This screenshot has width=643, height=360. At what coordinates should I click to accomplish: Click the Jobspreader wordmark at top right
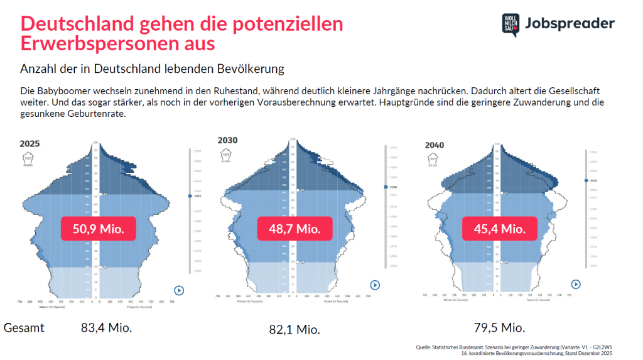coord(569,24)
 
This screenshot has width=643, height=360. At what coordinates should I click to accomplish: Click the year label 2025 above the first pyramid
coord(30,144)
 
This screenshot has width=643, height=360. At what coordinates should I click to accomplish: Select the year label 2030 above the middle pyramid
coord(227,140)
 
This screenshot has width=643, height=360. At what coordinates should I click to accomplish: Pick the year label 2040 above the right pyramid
coord(435,145)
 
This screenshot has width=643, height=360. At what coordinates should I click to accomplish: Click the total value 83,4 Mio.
coord(106,327)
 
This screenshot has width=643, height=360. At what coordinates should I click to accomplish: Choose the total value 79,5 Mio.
coord(500,327)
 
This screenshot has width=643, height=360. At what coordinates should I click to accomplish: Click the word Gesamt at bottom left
coord(24,327)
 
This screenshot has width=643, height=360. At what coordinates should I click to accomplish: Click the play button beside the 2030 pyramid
coord(375,285)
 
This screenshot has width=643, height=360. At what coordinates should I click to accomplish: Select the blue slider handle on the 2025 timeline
coord(190,197)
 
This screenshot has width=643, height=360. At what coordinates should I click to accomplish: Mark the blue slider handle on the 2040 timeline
coord(586,181)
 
